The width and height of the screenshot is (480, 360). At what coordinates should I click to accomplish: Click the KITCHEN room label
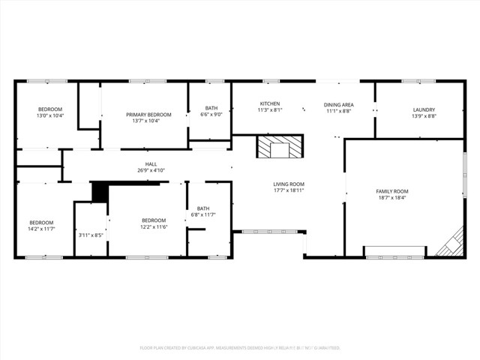click(x=270, y=103)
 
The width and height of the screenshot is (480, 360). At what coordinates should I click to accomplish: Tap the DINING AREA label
click(x=338, y=104)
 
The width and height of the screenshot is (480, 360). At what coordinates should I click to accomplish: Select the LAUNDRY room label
click(x=424, y=109)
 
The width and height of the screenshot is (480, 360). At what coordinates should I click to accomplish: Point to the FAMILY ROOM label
click(x=392, y=192)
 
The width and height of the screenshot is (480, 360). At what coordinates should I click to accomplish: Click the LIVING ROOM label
click(x=288, y=184)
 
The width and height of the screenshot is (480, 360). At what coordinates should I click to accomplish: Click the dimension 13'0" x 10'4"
click(x=50, y=116)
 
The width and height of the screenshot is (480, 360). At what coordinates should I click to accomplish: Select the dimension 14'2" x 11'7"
click(x=41, y=228)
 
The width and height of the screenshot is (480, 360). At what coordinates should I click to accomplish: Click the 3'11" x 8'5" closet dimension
click(x=91, y=235)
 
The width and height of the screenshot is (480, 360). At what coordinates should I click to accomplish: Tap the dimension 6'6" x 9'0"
click(x=211, y=115)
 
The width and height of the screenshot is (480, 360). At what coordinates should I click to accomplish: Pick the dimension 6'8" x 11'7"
click(x=203, y=215)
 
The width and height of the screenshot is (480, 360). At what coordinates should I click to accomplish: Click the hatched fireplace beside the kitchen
click(x=279, y=147)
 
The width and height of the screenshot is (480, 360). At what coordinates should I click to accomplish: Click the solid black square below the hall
click(x=100, y=192)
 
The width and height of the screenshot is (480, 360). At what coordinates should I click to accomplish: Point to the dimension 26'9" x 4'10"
click(x=151, y=171)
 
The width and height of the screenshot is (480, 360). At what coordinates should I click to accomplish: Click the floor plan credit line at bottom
click(x=240, y=348)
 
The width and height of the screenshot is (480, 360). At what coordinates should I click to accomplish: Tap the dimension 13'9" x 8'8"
click(x=424, y=116)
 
